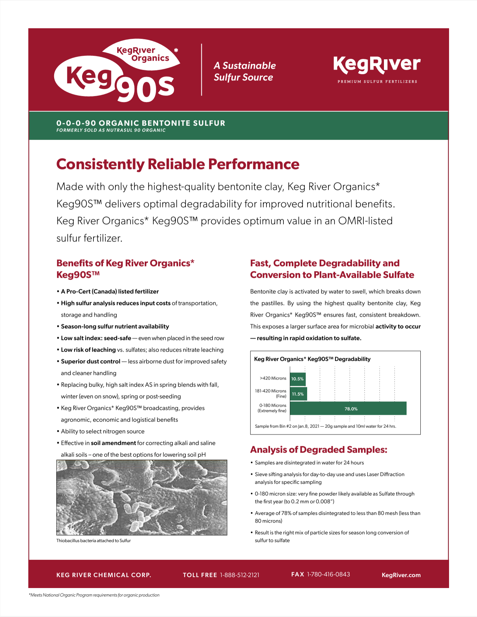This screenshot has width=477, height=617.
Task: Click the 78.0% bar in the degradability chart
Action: click(x=348, y=409)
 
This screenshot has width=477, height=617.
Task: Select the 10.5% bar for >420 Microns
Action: click(x=298, y=379)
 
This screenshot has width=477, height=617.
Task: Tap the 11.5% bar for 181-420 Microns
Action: click(x=298, y=394)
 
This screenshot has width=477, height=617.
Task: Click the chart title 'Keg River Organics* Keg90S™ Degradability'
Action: click(x=312, y=359)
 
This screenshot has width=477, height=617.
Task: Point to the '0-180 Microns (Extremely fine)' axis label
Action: click(x=272, y=408)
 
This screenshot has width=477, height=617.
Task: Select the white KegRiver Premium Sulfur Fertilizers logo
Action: click(x=377, y=70)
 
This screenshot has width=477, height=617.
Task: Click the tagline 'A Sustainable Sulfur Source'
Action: click(x=245, y=71)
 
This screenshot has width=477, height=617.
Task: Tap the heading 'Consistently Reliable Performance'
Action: click(x=178, y=164)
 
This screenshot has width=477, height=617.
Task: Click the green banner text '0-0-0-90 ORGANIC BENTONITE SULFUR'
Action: click(x=141, y=123)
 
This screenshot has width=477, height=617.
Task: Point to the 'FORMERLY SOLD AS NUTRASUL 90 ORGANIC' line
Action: click(x=111, y=130)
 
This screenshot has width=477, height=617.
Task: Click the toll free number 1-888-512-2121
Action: click(x=240, y=575)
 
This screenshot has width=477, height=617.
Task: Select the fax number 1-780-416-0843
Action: click(x=328, y=574)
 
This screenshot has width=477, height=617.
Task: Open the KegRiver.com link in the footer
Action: click(x=401, y=575)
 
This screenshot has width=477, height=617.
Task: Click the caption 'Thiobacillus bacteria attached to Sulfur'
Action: click(x=93, y=541)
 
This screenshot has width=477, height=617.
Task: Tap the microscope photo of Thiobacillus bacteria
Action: click(x=142, y=497)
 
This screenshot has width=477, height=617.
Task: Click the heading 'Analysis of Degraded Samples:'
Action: click(x=318, y=449)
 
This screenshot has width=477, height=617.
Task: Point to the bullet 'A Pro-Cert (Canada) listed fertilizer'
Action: click(x=110, y=292)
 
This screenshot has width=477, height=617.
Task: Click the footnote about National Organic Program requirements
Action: click(x=94, y=595)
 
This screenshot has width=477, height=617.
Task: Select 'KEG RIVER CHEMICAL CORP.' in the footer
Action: click(x=104, y=575)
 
